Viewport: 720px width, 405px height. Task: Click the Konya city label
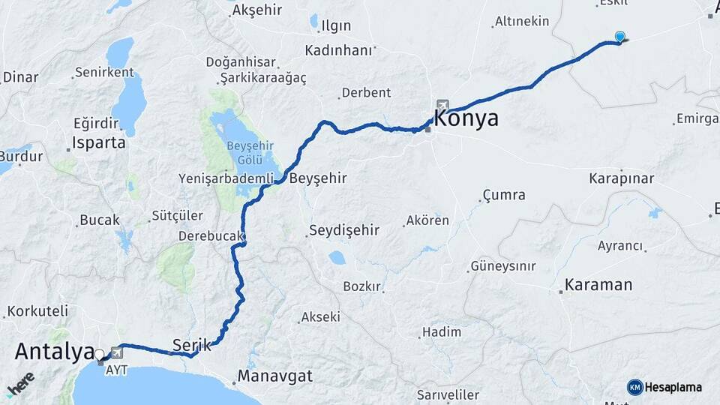coord(466,118)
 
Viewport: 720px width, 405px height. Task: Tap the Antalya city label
coord(54,350)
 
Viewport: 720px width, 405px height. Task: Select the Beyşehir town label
coord(318,178)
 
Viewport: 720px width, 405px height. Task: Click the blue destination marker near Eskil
coord(620,37)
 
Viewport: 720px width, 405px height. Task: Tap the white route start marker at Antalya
coord(99,354)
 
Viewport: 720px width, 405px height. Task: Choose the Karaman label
coord(599,285)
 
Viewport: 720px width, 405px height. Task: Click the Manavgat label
coord(275,376)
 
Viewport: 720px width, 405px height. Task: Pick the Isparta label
coord(99,142)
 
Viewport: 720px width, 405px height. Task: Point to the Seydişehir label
coord(345,231)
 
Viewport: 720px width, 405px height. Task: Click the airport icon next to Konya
coord(443,106)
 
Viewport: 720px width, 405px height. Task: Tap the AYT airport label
coord(116,370)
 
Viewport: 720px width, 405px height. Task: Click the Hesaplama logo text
coord(673,387)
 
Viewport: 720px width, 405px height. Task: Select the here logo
coord(22,382)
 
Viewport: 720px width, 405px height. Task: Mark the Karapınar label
coord(622,178)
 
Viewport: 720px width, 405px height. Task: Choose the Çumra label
coord(503,196)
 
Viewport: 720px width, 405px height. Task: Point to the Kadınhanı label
coord(339,50)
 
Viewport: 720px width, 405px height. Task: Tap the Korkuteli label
coord(37,310)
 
